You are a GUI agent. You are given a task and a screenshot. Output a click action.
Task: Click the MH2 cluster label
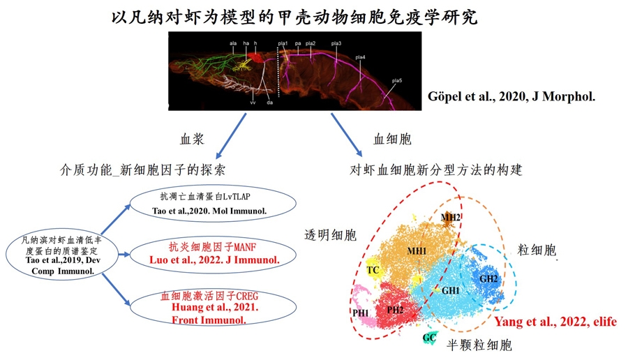point(451,218)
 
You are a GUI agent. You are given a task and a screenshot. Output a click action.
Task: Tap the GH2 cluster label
point(488,278)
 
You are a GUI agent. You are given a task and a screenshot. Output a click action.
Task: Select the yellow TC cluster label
point(373,270)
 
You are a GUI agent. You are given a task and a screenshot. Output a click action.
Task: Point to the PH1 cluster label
point(361,313)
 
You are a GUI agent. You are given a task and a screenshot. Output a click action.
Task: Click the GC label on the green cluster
point(429,338)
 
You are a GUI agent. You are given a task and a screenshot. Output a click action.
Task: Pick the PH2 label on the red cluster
point(395,310)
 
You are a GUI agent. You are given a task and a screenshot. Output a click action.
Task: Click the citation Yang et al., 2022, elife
point(555,322)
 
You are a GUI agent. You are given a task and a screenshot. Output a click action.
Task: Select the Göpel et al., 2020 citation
point(511,96)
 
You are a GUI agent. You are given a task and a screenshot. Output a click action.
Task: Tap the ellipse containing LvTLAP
point(213,204)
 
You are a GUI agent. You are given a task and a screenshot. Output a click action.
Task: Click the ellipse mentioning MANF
point(213,254)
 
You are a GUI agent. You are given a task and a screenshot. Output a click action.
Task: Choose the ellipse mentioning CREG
point(213,307)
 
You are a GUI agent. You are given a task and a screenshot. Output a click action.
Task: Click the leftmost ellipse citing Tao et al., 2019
point(62,255)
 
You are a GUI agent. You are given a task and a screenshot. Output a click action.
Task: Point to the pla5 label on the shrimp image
point(397,80)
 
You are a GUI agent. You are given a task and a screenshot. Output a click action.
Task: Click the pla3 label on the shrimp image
point(336,43)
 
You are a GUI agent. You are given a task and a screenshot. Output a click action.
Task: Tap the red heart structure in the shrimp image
point(255,58)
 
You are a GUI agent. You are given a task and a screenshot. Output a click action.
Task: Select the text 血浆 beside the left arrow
point(192,139)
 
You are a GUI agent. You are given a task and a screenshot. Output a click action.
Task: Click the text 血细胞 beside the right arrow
point(392,139)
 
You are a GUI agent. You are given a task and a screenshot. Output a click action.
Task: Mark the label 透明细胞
point(331,234)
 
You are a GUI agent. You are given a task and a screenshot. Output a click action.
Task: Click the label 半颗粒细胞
point(479,345)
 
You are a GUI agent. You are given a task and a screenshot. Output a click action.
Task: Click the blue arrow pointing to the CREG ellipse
point(116,290)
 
